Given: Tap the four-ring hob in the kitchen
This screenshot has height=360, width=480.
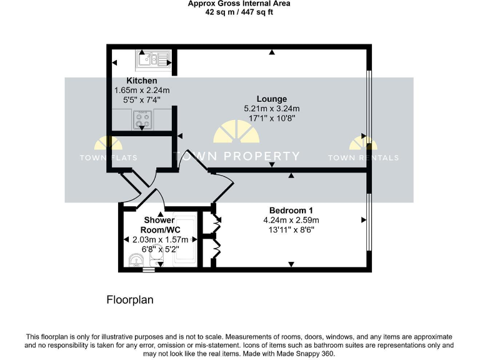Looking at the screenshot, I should (142, 118).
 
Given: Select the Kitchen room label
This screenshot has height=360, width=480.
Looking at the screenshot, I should (142, 81).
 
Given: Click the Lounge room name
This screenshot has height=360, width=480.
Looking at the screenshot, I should (272, 99).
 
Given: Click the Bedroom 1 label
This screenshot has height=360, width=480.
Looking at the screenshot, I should (291, 210).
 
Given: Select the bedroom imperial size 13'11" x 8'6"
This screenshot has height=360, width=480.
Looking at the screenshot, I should (291, 229).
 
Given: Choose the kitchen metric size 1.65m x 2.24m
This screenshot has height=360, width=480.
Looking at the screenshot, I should (142, 90).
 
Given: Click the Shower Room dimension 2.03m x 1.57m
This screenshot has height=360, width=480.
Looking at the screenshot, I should (151, 239).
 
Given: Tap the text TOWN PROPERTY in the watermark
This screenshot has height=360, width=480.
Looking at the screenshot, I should (236, 156).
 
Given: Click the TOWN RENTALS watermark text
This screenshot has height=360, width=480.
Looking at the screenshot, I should (363, 157).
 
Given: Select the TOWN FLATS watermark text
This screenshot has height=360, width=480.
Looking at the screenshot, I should (108, 157).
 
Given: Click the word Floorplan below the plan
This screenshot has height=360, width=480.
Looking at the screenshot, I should (129, 300).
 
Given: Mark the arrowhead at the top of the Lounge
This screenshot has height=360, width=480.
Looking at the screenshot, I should (272, 52).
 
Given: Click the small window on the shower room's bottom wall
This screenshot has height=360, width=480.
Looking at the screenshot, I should (147, 271).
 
